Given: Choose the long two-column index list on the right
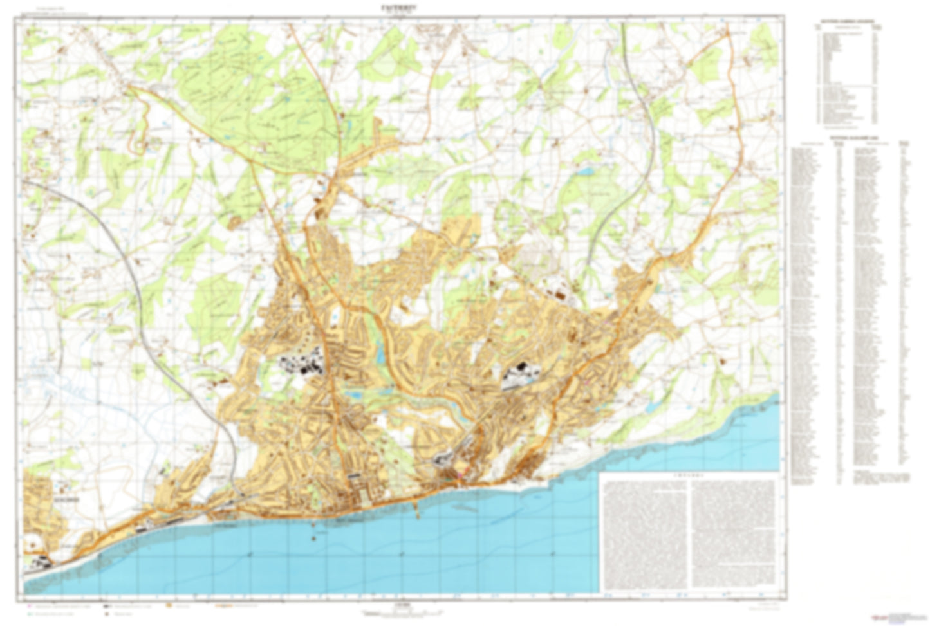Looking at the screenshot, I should point(850,309).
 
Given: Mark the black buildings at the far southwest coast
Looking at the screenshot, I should point(40,561).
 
